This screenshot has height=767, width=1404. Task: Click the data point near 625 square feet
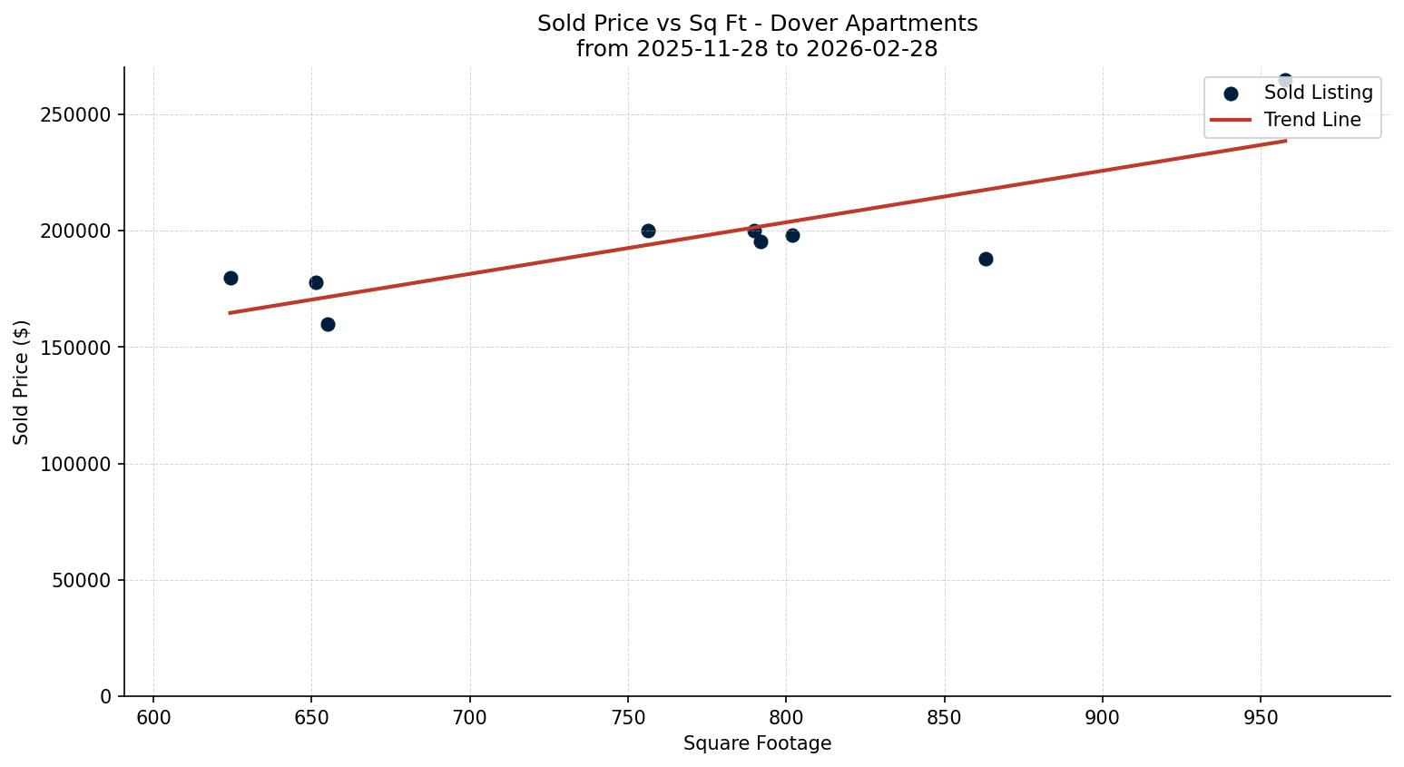click(231, 278)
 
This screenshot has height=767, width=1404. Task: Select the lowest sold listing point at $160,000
click(328, 324)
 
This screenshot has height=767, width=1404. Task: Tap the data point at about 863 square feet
click(986, 259)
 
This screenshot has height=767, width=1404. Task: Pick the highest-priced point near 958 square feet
click(1285, 81)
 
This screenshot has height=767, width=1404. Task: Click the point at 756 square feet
click(648, 231)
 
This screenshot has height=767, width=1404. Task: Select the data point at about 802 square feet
click(792, 235)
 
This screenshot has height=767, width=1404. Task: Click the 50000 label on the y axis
click(82, 580)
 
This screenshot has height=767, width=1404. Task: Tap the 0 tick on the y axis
click(106, 696)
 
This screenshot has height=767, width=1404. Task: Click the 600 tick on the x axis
click(153, 718)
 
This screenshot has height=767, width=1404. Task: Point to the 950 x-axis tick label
click(1261, 718)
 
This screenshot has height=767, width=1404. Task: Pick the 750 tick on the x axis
click(628, 718)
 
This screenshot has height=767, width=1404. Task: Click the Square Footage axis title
click(757, 743)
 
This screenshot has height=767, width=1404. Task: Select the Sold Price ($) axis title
click(22, 382)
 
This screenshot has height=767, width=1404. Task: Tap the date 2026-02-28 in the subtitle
click(879, 49)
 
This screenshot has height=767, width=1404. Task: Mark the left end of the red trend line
click(230, 312)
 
